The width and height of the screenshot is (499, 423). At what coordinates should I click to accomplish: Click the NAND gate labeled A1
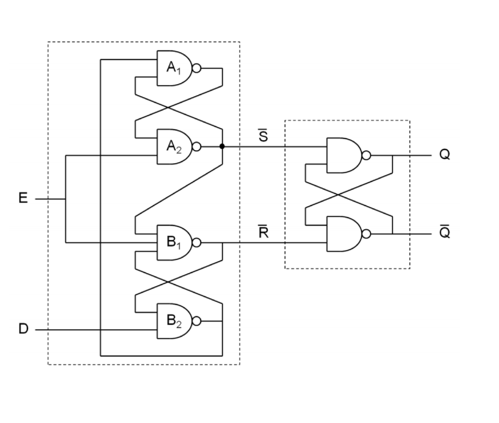click(x=174, y=68)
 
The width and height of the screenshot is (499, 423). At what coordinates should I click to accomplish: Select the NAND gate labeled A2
click(x=174, y=147)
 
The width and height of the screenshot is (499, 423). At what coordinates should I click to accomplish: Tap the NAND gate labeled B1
click(x=174, y=242)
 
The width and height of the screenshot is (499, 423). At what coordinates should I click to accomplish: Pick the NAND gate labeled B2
click(x=174, y=321)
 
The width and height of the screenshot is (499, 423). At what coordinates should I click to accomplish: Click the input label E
click(x=22, y=198)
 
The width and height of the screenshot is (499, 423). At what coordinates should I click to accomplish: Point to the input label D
click(x=22, y=330)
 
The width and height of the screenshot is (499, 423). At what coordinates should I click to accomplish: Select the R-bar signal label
click(x=264, y=232)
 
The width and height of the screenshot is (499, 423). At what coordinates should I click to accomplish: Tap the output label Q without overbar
click(x=444, y=155)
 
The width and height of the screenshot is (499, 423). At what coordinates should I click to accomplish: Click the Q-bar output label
click(x=444, y=232)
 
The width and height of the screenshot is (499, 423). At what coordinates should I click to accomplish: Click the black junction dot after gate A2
click(x=222, y=147)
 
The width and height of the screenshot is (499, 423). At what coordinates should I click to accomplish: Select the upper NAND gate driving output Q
click(x=343, y=155)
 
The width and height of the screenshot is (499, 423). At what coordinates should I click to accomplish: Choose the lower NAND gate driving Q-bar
click(x=343, y=234)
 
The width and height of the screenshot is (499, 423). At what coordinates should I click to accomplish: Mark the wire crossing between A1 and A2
click(x=167, y=108)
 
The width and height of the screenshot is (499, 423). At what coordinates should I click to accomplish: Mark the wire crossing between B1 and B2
click(x=167, y=282)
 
